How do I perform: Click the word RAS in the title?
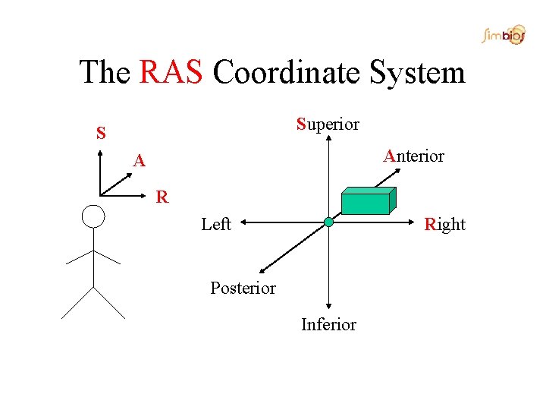point(171,73)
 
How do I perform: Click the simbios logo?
point(503,35)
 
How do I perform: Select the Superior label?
point(328,124)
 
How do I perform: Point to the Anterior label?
point(413,156)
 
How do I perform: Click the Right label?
point(445,224)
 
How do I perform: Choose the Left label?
point(216,224)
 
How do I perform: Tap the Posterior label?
point(243,289)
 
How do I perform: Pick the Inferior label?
point(328,325)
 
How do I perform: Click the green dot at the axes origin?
point(328,222)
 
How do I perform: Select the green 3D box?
point(367,201)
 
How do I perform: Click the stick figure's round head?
point(93,216)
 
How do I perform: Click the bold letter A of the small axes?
point(139,161)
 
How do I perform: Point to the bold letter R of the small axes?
point(162,198)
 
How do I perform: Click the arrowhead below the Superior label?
point(328,140)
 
